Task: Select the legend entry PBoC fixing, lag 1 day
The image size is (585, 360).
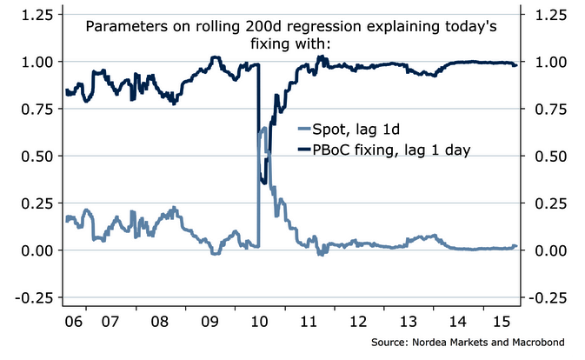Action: coord(391,150)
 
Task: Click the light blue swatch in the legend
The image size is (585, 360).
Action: coord(305,130)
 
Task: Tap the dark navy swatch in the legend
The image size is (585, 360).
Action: coord(305,150)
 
